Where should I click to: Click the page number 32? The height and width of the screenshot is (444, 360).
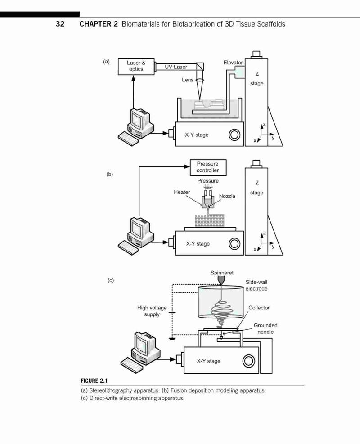click(x=60, y=24)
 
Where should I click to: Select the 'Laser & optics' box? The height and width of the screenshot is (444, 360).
click(x=136, y=67)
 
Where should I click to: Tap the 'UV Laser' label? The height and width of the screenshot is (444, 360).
click(x=176, y=67)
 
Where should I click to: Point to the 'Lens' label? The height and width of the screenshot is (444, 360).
click(x=188, y=80)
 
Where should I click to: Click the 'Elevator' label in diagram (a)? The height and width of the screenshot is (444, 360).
click(x=233, y=62)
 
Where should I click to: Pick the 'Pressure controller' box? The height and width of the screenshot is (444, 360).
click(x=208, y=167)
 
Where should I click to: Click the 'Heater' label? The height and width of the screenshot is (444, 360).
click(x=182, y=192)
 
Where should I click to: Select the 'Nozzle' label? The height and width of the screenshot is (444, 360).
click(x=227, y=196)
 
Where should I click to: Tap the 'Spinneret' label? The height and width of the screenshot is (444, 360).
click(x=222, y=273)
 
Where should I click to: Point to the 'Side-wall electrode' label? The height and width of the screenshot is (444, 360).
click(x=256, y=285)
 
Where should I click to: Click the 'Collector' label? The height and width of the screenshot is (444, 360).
click(x=259, y=308)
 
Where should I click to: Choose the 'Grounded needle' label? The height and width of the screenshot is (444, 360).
click(x=265, y=328)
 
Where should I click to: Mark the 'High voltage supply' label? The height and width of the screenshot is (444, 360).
click(x=152, y=311)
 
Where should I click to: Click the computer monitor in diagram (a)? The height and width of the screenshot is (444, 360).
click(x=139, y=118)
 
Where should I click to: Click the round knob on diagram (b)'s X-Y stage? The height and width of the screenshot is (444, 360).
click(x=234, y=244)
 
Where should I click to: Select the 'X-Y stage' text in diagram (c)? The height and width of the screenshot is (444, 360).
click(x=209, y=361)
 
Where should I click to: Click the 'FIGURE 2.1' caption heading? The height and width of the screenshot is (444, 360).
click(x=94, y=381)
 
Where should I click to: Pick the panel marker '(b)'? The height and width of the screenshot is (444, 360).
click(x=110, y=174)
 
